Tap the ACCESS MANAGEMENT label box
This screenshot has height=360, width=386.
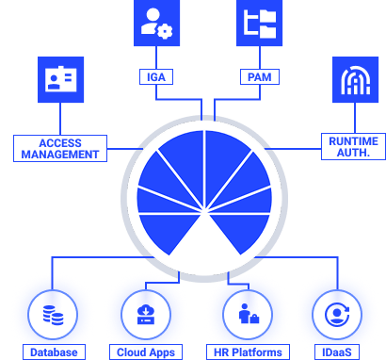coord(56,148)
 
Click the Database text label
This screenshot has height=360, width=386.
coord(53,352)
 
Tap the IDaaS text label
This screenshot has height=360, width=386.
coord(332,352)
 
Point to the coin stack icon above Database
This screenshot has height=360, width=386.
coord(46,312)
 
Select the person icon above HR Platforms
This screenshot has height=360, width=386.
coord(245,312)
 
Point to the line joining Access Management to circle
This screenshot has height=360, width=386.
coord(119,148)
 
